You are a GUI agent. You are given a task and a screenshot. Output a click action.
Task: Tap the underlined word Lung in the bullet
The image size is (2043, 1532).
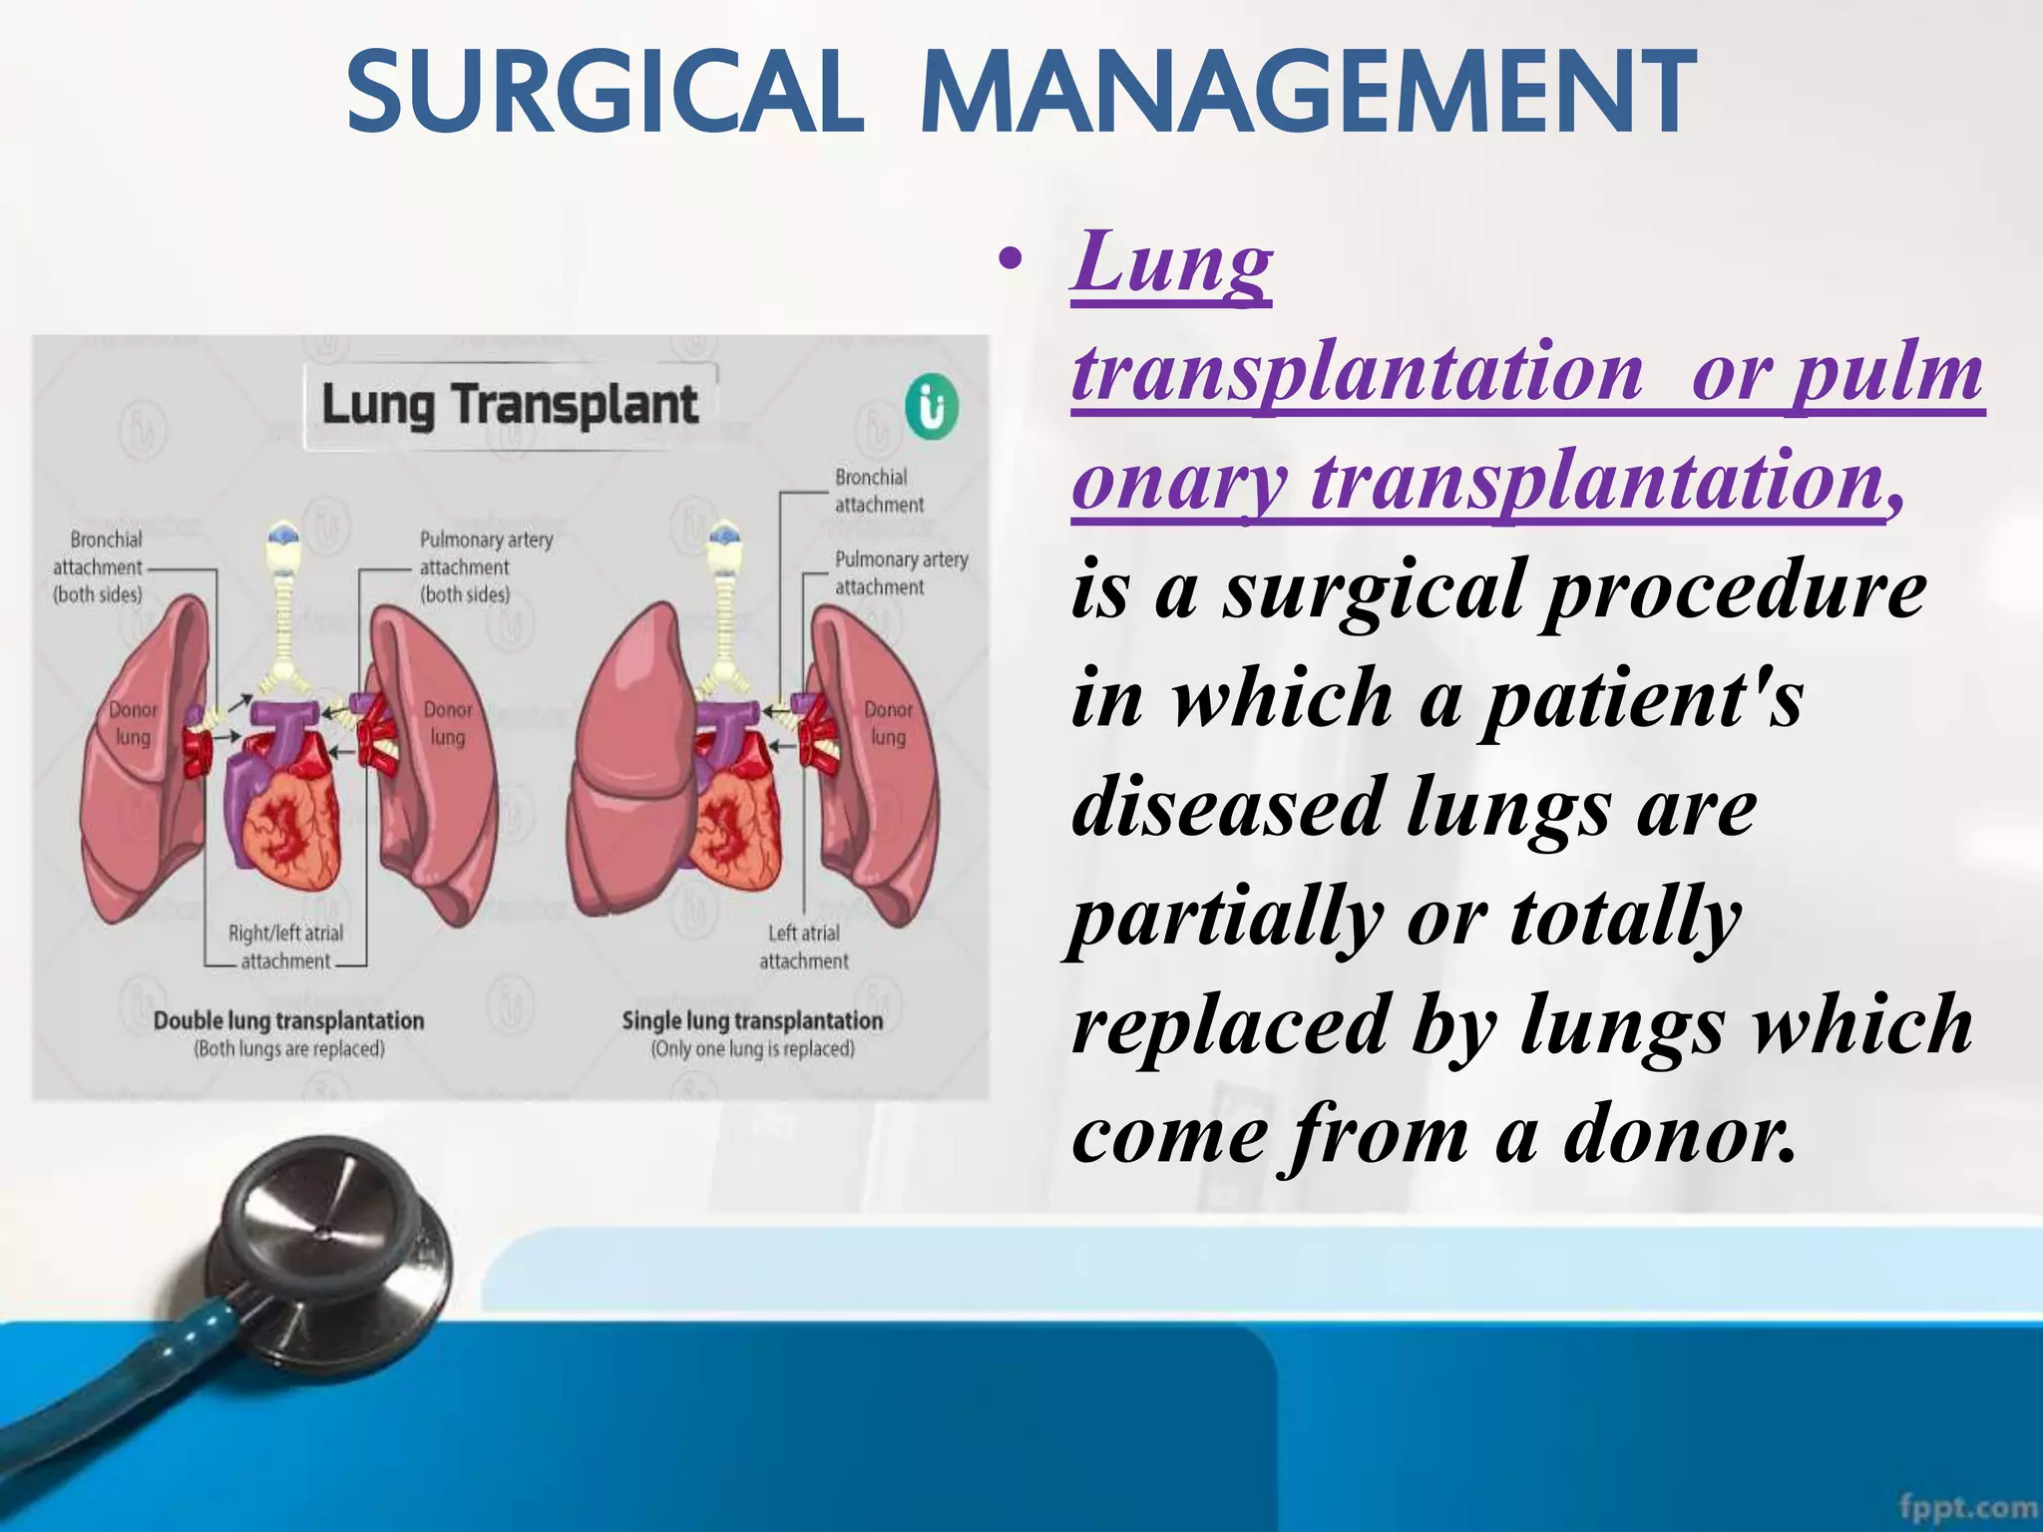click(x=1171, y=261)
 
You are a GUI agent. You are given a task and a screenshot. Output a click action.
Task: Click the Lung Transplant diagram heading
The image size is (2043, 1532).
click(x=510, y=405)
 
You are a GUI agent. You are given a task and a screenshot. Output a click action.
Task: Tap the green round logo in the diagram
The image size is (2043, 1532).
click(x=932, y=408)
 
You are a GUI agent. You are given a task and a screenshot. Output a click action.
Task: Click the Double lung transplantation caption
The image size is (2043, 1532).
click(x=288, y=1021)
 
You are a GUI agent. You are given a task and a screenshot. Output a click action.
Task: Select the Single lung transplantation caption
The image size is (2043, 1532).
click(x=752, y=1021)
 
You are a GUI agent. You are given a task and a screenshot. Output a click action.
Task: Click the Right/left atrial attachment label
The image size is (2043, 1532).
click(x=285, y=947)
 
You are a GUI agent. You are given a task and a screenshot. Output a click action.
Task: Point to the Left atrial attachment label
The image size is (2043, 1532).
click(x=804, y=947)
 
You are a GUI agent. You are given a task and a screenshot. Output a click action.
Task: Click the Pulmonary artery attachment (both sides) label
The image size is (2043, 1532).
click(x=485, y=567)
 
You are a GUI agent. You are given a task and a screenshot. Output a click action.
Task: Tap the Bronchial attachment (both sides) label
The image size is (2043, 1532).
click(x=98, y=567)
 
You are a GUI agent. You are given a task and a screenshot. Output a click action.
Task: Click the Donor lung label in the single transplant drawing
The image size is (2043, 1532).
click(x=888, y=723)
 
